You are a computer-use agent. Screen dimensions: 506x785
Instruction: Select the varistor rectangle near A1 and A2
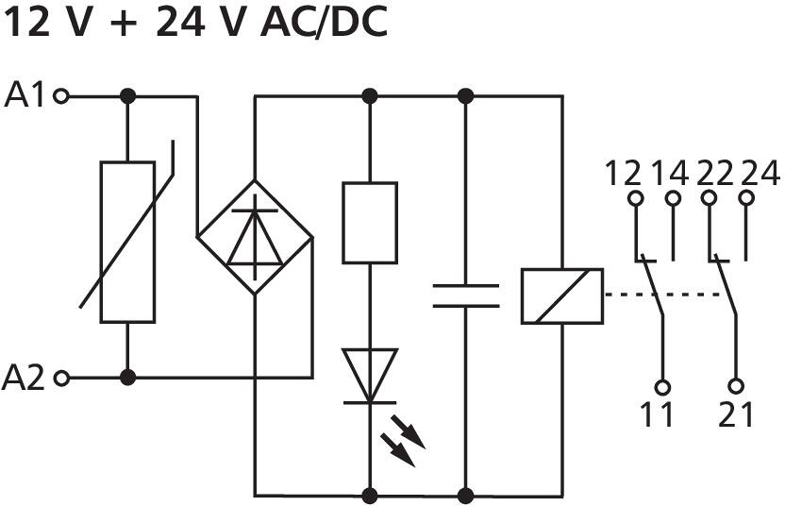(x=127, y=242)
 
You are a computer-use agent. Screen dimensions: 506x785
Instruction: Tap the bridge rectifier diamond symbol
(x=255, y=237)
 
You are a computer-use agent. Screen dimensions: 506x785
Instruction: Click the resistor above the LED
(x=369, y=223)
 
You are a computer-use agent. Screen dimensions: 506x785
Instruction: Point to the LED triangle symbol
(x=369, y=376)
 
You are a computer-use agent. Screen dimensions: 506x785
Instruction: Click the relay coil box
(x=561, y=296)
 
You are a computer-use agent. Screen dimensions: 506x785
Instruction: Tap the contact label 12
(x=623, y=174)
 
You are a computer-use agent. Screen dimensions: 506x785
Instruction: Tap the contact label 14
(x=671, y=174)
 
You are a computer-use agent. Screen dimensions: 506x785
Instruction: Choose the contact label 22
(x=716, y=174)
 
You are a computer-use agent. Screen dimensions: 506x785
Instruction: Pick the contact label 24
(x=760, y=174)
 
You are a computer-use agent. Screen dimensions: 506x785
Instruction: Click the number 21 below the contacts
(x=737, y=414)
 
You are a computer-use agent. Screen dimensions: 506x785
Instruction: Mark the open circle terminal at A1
(x=62, y=95)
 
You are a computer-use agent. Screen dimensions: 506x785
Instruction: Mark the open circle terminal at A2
(x=62, y=379)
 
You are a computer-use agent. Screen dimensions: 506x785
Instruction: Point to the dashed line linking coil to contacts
(x=665, y=295)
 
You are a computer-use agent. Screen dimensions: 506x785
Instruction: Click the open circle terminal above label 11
(x=663, y=387)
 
